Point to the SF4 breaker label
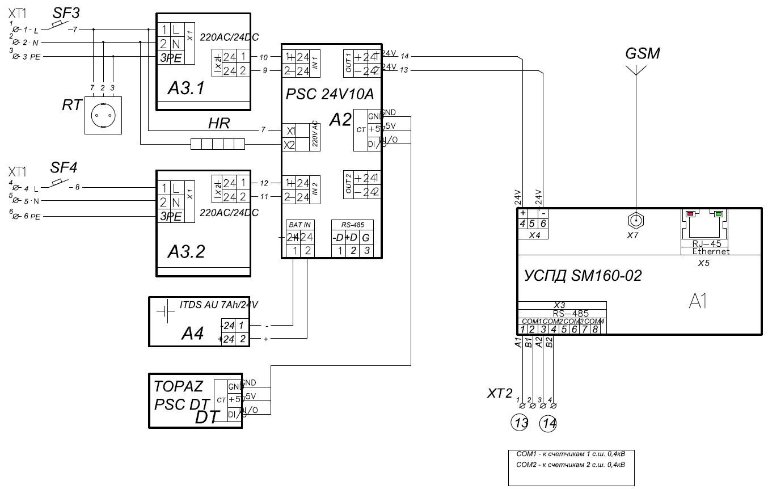tap(64, 168)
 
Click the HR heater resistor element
tap(218, 144)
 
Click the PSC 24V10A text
tap(330, 94)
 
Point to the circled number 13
tap(520, 423)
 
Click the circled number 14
tap(548, 423)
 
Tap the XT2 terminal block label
tap(499, 393)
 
